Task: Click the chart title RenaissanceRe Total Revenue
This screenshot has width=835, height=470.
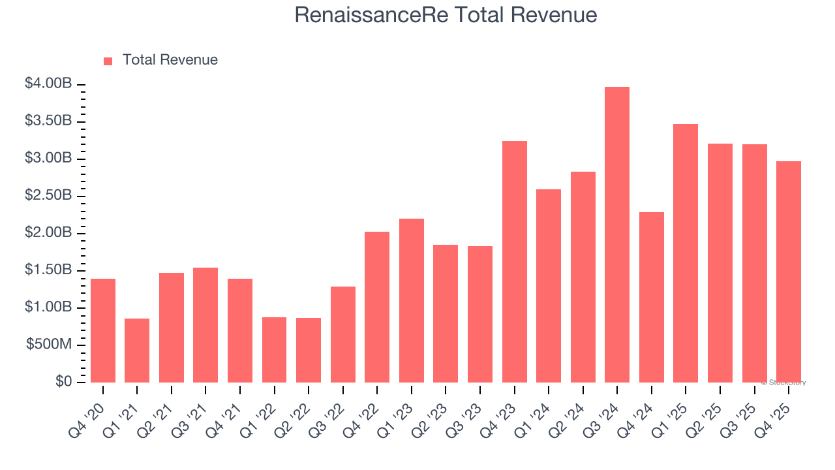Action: pos(446,14)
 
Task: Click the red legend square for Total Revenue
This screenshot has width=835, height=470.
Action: pos(108,61)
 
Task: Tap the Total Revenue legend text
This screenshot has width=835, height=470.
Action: pos(170,60)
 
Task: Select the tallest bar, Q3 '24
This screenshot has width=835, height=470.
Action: pos(617,235)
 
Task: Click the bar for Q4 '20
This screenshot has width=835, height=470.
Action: pos(103,330)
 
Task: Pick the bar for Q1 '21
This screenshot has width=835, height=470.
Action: pos(137,351)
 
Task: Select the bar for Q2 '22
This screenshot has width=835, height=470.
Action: pos(309,350)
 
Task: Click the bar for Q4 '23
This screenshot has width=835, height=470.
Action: pos(514,262)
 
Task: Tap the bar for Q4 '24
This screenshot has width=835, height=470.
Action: pos(651,297)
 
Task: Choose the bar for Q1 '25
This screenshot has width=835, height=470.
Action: pos(686,253)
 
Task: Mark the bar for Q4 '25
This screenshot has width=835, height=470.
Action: pos(789,272)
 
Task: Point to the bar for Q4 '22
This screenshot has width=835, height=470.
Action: pos(377,307)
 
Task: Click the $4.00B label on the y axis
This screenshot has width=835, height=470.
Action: pos(49,84)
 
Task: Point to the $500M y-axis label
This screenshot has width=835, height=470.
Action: pos(49,344)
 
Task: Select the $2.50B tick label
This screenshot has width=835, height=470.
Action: pos(49,195)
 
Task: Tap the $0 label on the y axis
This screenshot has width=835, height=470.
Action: pos(63,381)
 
